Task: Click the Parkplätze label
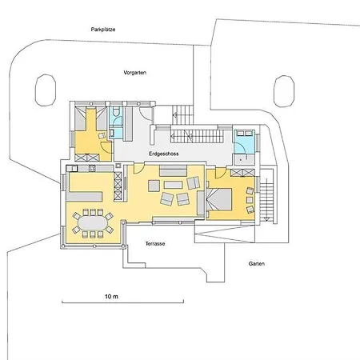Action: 103,30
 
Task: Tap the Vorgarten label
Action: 135,73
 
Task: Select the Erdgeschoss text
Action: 164,154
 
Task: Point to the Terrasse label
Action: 155,244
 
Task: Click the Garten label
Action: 257,264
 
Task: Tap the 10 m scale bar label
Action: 111,296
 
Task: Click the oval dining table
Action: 93,223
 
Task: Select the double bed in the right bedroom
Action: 218,199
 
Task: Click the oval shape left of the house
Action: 46,90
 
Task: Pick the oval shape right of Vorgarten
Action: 284,91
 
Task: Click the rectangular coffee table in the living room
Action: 173,185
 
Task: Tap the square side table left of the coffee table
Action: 154,186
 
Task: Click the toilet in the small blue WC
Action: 117,111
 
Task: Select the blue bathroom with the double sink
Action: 244,142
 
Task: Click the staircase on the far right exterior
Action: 266,198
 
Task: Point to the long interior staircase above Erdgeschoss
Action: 201,136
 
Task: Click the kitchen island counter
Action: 84,196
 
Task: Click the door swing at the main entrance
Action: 146,113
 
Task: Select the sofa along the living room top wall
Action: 173,170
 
